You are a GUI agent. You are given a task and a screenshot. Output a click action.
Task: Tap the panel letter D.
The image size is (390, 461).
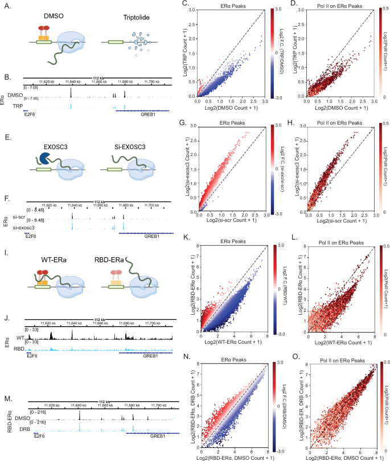pyautogui.click(x=294, y=5)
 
